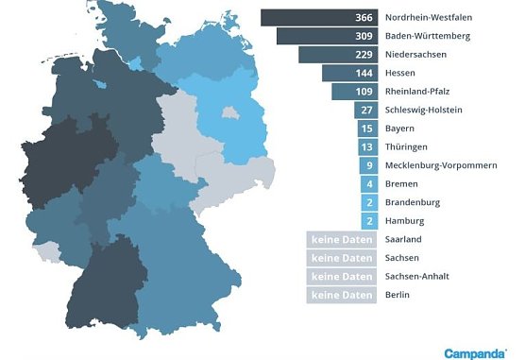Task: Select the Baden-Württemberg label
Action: pyautogui.click(x=426, y=36)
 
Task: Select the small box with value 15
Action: pyautogui.click(x=367, y=129)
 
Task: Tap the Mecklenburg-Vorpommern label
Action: pyautogui.click(x=442, y=165)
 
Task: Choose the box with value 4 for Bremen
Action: pyautogui.click(x=369, y=183)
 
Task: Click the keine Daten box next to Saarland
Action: pyautogui.click(x=342, y=240)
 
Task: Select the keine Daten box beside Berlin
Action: pyautogui.click(x=342, y=295)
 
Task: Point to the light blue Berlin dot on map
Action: pyautogui.click(x=229, y=112)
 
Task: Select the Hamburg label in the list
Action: pyautogui.click(x=406, y=220)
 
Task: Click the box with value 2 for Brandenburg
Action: pyautogui.click(x=369, y=202)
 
